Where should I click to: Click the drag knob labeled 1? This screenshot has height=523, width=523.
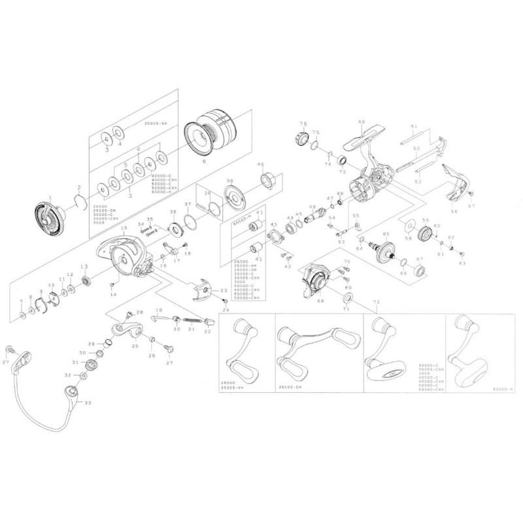tap(46, 218)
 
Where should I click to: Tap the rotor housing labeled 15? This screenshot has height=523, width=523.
tap(122, 255)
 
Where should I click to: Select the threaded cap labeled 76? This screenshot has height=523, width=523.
tap(303, 139)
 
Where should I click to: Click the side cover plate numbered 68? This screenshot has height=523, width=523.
tap(314, 281)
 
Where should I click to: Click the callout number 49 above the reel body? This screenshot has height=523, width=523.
tap(360, 122)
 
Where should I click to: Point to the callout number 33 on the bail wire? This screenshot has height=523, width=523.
tap(87, 403)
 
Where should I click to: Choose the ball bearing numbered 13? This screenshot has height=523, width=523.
tap(84, 282)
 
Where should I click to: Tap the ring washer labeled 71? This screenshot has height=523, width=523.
tap(347, 299)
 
